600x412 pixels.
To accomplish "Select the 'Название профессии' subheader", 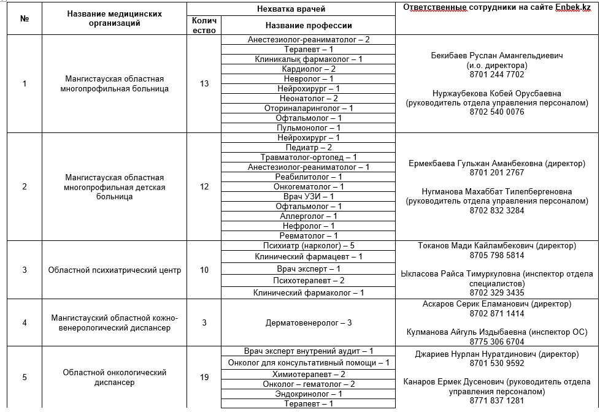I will [309, 26].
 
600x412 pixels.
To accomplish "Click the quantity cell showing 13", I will [204, 83].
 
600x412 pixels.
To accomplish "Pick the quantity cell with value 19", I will [204, 377].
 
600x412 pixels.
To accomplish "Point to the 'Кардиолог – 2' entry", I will [309, 69].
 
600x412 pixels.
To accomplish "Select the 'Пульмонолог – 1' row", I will [309, 128].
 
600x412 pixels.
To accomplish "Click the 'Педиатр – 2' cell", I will [309, 147].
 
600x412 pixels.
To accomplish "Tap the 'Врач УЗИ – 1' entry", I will [309, 196].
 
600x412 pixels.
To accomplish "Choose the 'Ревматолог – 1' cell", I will [309, 235].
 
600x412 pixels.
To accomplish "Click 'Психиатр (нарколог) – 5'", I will [309, 245].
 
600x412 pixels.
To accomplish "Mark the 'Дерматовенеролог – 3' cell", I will [309, 322].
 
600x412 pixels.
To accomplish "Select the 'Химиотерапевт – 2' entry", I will [309, 374].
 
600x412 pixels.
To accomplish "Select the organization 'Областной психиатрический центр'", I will [114, 270].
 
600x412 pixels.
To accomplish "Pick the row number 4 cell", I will [25, 322].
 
